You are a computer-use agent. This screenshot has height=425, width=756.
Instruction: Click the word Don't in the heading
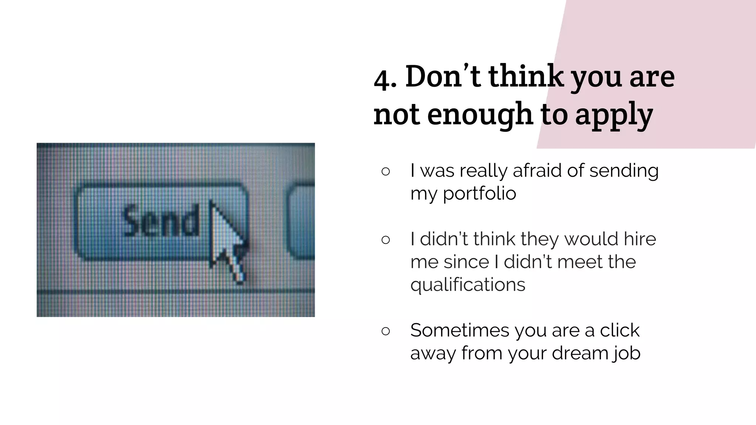point(443,76)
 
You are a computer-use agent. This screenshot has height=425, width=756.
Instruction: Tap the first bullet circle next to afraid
point(385,172)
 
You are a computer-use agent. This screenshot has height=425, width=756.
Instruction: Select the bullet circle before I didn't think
point(385,240)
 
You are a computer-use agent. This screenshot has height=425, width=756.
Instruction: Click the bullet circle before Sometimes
point(385,331)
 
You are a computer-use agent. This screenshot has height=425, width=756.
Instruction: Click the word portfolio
point(479,194)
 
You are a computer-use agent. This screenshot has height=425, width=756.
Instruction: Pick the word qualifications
point(468,285)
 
